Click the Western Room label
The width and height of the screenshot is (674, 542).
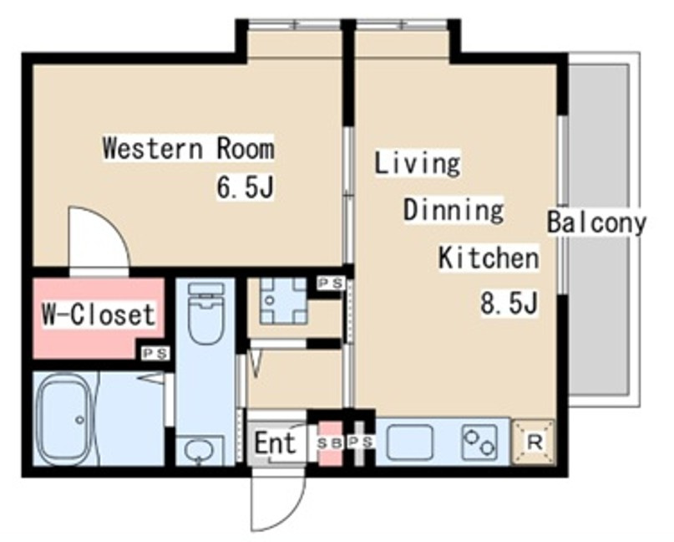click(188, 148)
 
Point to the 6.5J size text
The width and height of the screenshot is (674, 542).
click(245, 187)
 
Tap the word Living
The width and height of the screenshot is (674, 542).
click(418, 163)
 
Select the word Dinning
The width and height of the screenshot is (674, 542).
click(454, 211)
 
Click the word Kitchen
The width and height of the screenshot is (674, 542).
click(489, 258)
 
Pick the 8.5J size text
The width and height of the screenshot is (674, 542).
click(509, 303)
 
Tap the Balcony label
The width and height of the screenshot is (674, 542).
click(596, 222)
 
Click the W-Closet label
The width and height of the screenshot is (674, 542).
click(99, 314)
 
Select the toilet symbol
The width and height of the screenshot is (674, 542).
click(207, 313)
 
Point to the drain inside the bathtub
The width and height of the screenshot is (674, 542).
click(79, 419)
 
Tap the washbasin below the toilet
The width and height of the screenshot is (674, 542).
click(199, 451)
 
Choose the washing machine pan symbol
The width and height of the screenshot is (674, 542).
click(283, 300)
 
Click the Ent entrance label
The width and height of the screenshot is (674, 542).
click(275, 443)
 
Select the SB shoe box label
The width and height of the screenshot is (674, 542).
click(330, 443)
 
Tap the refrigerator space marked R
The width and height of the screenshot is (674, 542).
click(534, 442)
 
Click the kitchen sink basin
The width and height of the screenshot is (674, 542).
click(409, 442)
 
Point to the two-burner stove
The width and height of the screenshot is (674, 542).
click(480, 442)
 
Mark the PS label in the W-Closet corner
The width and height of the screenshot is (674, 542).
click(155, 354)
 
